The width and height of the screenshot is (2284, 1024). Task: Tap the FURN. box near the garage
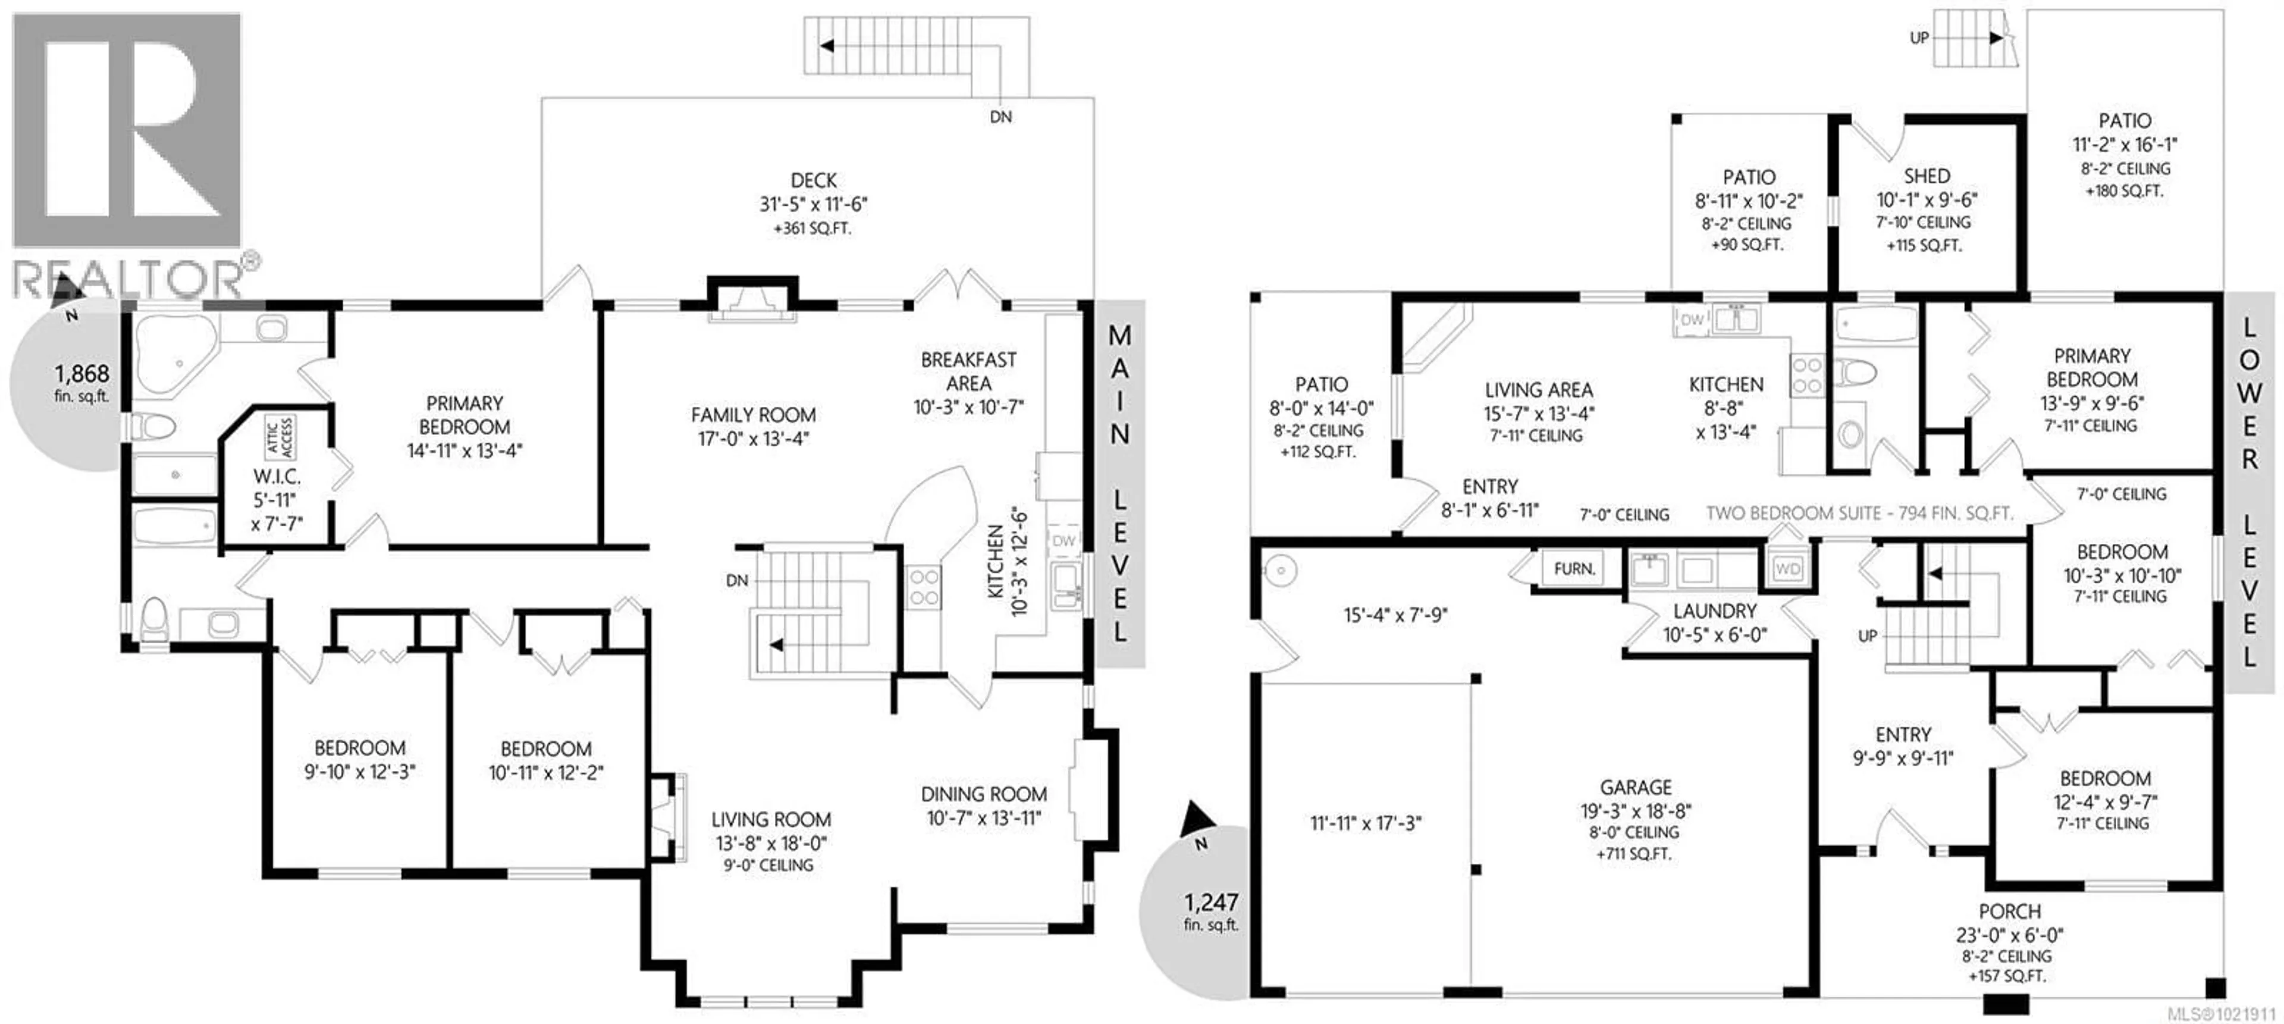click(x=1574, y=568)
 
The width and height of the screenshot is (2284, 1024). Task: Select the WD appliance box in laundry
click(x=1787, y=568)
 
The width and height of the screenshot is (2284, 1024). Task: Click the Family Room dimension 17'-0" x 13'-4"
click(x=754, y=438)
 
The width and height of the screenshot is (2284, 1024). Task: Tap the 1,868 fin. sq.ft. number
click(x=81, y=374)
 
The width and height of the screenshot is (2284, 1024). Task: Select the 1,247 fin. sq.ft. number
click(x=1211, y=903)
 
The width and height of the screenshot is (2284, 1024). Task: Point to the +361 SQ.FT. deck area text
click(x=812, y=228)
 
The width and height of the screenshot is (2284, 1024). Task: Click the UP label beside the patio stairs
click(x=1919, y=38)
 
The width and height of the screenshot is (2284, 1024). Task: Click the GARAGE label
click(x=1636, y=787)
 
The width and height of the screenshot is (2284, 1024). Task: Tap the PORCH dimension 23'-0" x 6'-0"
click(x=2009, y=935)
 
